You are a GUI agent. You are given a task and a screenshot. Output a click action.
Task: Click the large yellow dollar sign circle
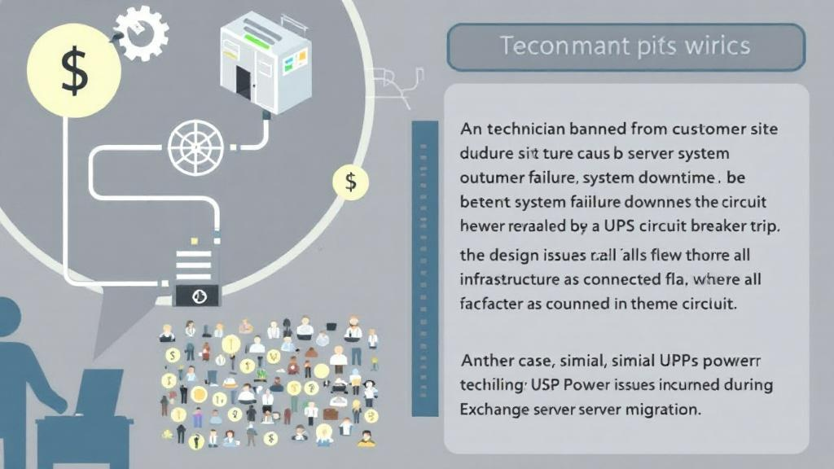[x=74, y=72]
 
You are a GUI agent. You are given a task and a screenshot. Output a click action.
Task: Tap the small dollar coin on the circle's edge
[x=350, y=182]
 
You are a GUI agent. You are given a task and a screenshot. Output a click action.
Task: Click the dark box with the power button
[x=196, y=296]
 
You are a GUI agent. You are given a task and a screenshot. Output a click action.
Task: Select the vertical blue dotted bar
[x=424, y=269]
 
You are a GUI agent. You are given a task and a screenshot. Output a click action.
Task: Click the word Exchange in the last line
[x=495, y=410]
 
